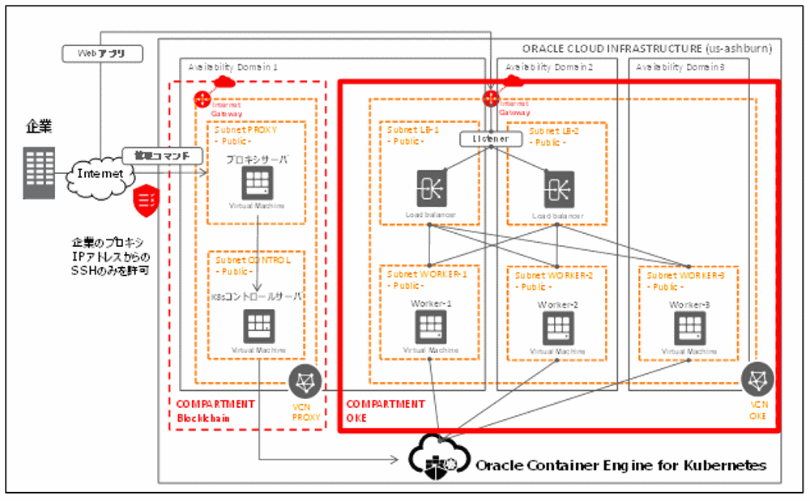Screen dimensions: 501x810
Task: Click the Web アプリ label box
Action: click(x=103, y=53)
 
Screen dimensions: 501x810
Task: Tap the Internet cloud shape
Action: click(x=98, y=173)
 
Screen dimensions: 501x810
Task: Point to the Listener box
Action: click(x=490, y=139)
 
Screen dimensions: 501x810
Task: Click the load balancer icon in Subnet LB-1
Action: click(x=430, y=188)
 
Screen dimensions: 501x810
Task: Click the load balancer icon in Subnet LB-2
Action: click(x=558, y=188)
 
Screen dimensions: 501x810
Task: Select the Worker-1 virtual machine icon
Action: click(x=430, y=325)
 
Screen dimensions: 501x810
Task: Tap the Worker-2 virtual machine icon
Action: click(x=558, y=327)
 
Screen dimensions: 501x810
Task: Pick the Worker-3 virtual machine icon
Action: click(x=688, y=327)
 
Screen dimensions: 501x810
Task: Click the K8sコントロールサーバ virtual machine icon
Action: click(x=258, y=325)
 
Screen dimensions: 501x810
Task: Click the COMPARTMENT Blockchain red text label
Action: click(x=215, y=410)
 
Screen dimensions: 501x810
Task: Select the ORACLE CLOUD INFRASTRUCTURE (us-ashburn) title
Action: click(x=646, y=49)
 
